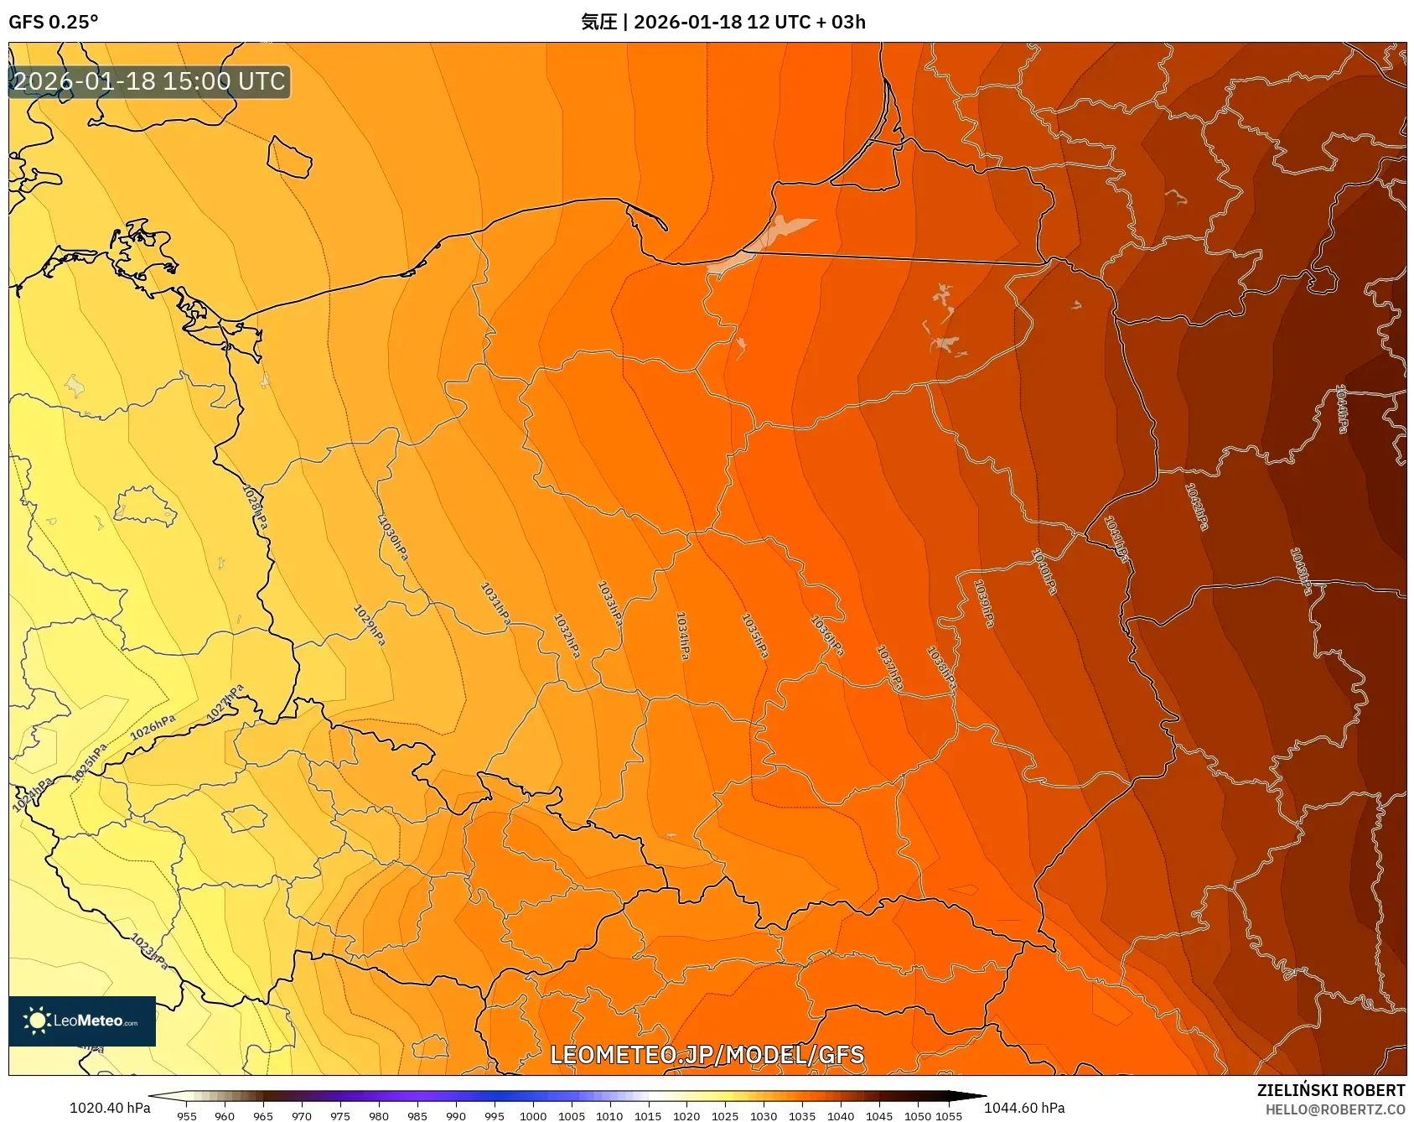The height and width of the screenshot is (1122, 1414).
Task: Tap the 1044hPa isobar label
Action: [x=1342, y=408]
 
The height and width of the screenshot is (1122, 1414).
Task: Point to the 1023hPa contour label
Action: [x=150, y=951]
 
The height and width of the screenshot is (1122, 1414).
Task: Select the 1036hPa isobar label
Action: [x=826, y=635]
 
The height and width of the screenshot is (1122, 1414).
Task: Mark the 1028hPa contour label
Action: [x=256, y=506]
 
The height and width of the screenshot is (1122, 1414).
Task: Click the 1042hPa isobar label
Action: [x=1197, y=506]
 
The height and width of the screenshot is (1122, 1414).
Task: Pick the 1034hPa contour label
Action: [x=683, y=635]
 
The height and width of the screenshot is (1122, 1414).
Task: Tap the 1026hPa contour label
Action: [x=153, y=727]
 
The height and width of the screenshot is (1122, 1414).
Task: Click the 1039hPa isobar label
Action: [x=985, y=603]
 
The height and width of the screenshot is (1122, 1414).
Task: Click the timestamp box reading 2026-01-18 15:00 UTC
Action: [x=149, y=81]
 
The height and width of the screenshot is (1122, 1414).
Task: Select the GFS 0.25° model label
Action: [x=53, y=22]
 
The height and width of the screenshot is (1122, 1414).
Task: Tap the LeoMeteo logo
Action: [x=82, y=1021]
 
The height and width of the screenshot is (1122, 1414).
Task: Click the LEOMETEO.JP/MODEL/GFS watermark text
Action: [x=707, y=1054]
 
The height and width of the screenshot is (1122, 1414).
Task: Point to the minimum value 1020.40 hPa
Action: [x=110, y=1108]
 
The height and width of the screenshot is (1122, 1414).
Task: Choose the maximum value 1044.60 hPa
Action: [x=1024, y=1108]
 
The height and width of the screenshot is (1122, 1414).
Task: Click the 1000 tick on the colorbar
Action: [x=532, y=1116]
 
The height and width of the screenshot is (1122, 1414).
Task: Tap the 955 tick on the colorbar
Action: [x=187, y=1116]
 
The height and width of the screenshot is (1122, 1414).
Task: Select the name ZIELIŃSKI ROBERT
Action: [x=1330, y=1090]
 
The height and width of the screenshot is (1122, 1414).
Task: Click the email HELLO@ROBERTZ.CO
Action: [x=1334, y=1109]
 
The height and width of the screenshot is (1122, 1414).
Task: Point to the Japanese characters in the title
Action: [x=598, y=22]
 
